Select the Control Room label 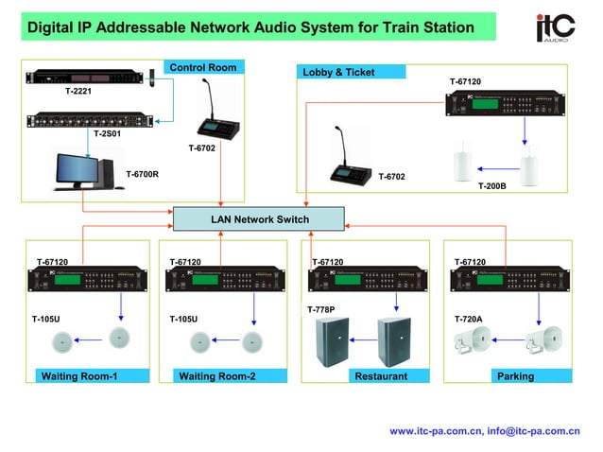[x=203, y=67]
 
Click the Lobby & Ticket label [x=339, y=72]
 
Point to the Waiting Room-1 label [x=79, y=376]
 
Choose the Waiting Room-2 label [x=218, y=376]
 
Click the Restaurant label [x=380, y=376]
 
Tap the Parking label [x=515, y=376]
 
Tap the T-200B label [x=491, y=186]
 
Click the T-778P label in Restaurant [x=320, y=309]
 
